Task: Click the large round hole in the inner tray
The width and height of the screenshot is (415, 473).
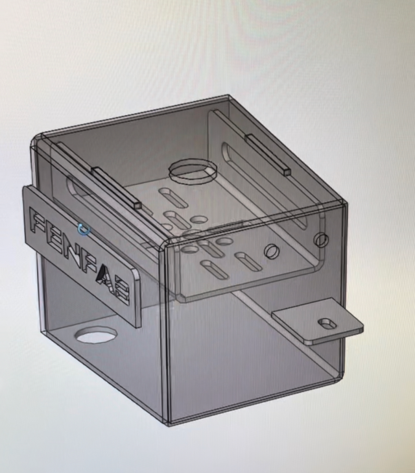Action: tap(191, 171)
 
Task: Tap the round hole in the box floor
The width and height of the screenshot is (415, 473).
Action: tap(96, 335)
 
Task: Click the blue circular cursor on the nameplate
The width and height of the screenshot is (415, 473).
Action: tap(82, 228)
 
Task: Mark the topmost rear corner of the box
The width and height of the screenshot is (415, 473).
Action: tap(229, 97)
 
